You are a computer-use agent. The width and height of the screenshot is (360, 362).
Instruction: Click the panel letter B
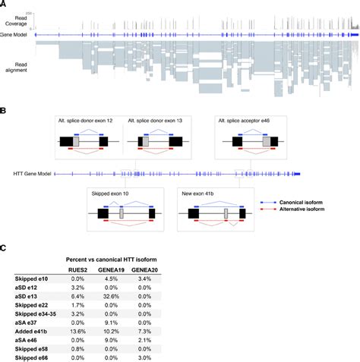(x=5, y=109)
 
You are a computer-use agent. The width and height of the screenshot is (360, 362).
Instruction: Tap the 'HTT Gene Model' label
(x=34, y=175)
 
